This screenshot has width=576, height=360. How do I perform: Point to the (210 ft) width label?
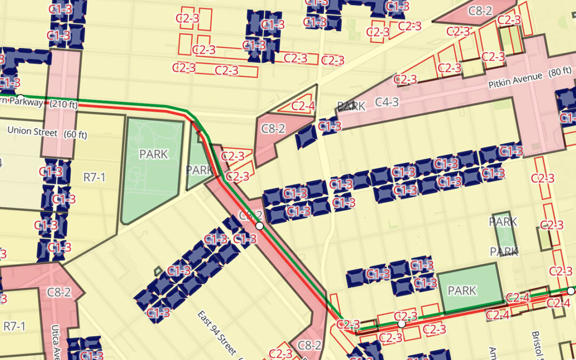[63, 105]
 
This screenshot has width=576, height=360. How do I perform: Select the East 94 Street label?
[217, 333]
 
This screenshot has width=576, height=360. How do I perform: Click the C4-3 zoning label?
[387, 102]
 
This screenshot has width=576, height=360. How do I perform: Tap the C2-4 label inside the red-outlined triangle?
[303, 106]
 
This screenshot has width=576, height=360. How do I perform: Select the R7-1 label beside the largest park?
[94, 177]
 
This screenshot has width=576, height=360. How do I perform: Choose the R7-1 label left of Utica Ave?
[14, 325]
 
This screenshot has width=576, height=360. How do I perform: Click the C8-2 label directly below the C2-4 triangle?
[273, 129]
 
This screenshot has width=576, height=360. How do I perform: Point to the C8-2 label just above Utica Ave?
[59, 292]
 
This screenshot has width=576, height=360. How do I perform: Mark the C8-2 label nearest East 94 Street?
[309, 345]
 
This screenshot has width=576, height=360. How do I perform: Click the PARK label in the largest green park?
[154, 155]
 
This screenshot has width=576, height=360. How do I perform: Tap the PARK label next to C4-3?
[351, 106]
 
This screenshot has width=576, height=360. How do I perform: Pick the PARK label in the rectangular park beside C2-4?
[462, 291]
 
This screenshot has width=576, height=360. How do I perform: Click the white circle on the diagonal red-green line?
[260, 226]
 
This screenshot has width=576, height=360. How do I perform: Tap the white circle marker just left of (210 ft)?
[20, 97]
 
